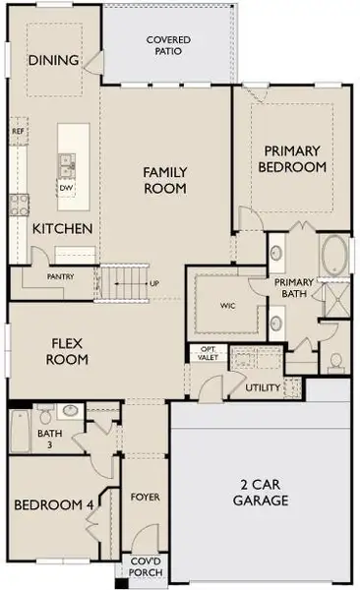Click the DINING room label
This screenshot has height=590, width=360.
tap(54, 60)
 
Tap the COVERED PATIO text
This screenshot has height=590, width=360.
tap(169, 44)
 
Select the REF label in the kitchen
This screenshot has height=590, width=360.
tap(18, 131)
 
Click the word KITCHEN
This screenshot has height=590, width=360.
tap(62, 228)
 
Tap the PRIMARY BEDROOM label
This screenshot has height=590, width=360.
tap(291, 158)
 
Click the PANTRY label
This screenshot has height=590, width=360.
tap(61, 277)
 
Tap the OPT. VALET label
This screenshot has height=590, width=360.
tap(209, 354)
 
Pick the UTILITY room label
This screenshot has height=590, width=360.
tap(264, 387)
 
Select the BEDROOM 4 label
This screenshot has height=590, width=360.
tap(53, 505)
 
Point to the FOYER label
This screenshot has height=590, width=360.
tap(145, 498)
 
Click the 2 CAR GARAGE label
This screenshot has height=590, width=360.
tap(261, 492)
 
